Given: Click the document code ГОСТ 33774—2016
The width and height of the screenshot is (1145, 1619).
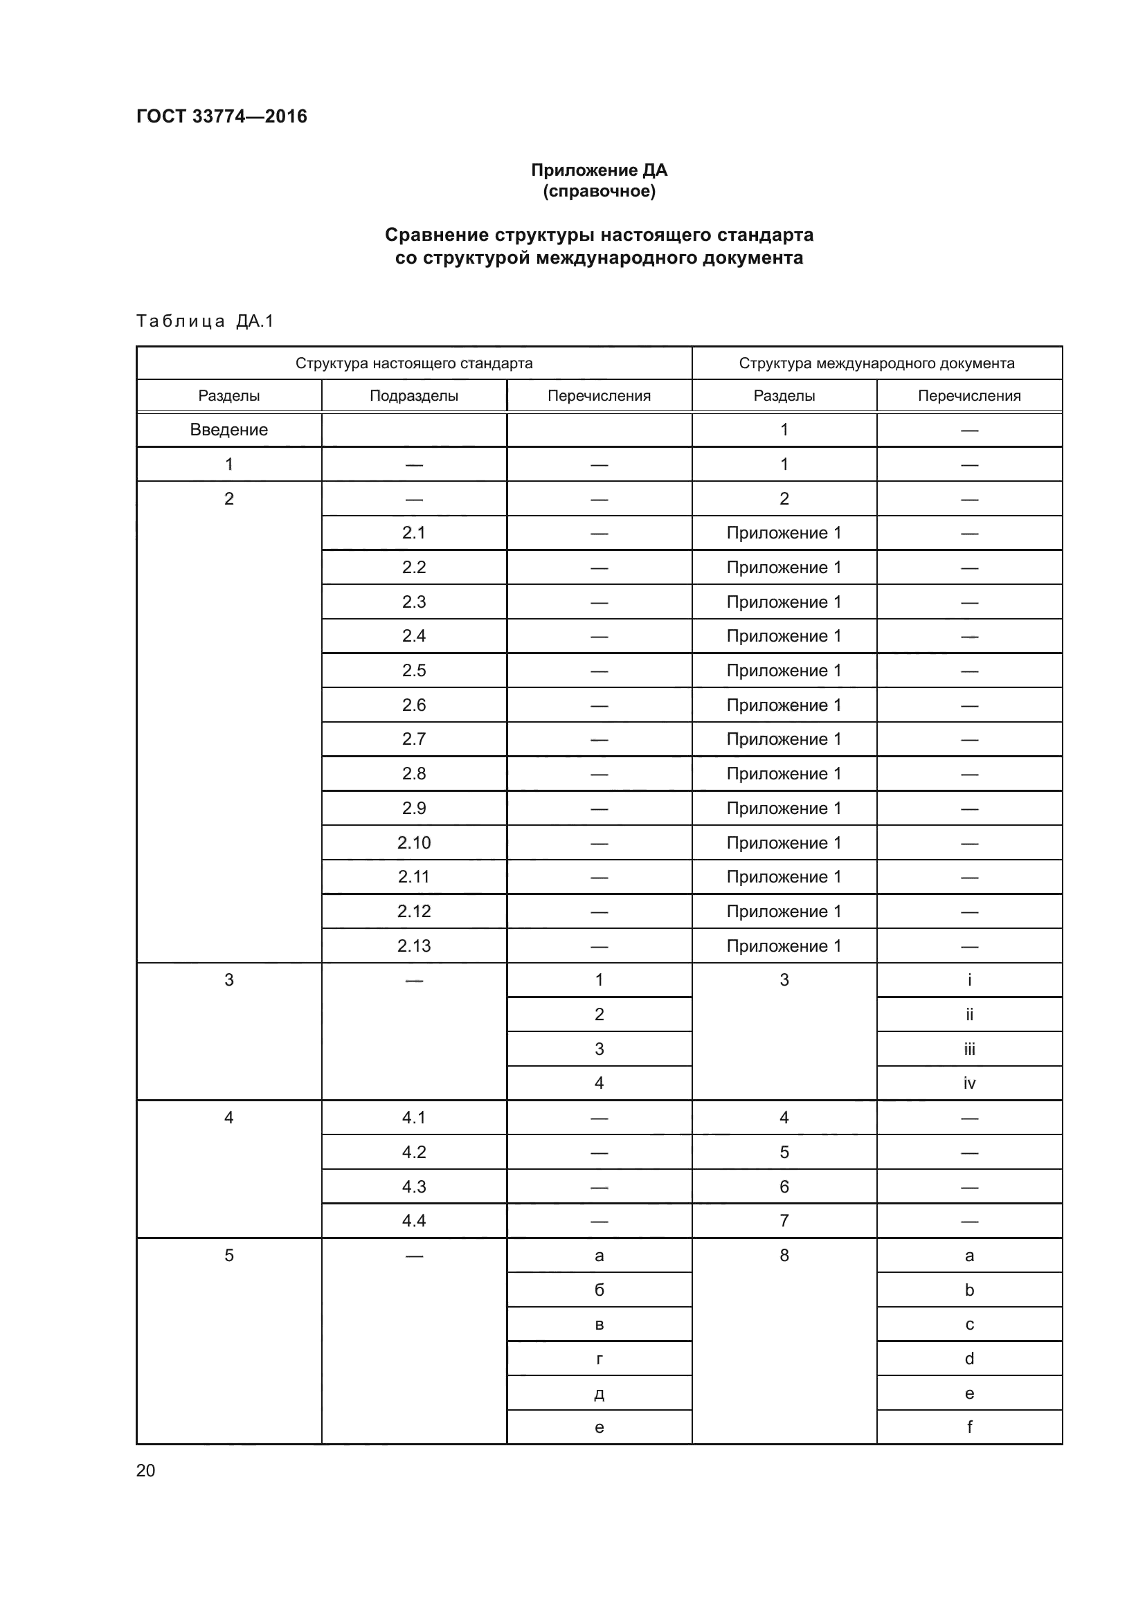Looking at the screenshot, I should (x=222, y=116).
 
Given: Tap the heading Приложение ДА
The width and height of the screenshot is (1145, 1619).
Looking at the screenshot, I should (x=599, y=170).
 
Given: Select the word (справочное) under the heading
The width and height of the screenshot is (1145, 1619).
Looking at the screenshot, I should (x=599, y=191).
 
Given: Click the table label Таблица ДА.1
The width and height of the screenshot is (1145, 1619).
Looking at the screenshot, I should (x=204, y=322).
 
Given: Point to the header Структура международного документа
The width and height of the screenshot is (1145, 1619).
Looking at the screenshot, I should (x=876, y=363).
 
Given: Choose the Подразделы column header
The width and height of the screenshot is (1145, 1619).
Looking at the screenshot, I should (x=414, y=396).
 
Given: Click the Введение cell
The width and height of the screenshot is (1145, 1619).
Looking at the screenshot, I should (x=228, y=429).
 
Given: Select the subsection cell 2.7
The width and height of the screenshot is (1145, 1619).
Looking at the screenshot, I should (x=414, y=739).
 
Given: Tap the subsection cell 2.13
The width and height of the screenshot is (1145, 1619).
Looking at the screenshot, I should (x=414, y=946).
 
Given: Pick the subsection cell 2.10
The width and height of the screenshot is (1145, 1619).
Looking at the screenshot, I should (x=414, y=842).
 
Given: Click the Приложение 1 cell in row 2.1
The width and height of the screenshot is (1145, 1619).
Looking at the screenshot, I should (x=784, y=533).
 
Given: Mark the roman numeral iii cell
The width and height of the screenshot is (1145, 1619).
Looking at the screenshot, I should (x=968, y=1049).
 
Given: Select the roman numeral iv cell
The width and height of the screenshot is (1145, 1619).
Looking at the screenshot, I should (x=968, y=1083).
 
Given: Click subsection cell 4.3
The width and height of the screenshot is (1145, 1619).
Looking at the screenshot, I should (x=414, y=1187).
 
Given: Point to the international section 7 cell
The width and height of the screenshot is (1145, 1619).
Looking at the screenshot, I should (x=784, y=1220).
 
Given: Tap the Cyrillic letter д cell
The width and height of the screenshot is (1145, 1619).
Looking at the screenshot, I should (x=599, y=1393).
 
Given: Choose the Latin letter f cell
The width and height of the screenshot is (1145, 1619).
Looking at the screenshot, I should (x=968, y=1427).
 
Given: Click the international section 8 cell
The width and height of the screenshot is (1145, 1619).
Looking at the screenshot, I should (x=784, y=1255).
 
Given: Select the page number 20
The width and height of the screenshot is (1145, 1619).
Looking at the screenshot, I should (x=145, y=1470).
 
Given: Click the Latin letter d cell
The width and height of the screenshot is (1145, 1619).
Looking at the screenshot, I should (x=968, y=1359).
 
